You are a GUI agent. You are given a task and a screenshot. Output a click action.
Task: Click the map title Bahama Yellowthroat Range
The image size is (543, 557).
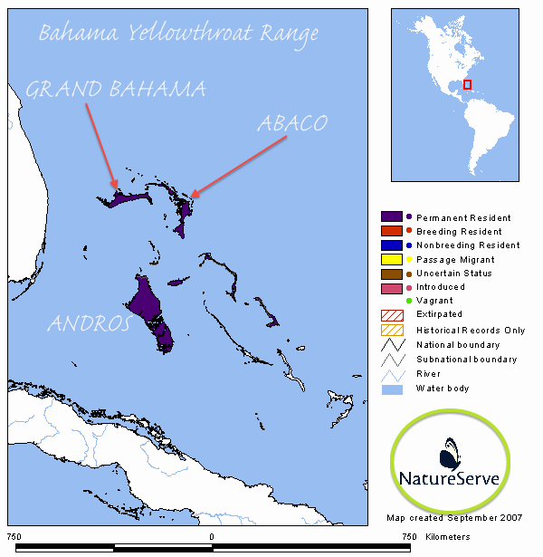point(179,35)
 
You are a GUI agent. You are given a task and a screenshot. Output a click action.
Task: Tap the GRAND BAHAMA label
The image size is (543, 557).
point(116,89)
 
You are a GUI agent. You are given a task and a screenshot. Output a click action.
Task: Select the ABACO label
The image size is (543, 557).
point(291,123)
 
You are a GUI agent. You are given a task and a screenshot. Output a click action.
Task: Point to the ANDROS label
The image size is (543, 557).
point(88,323)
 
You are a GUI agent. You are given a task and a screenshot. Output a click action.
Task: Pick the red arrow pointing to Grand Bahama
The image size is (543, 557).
point(100,145)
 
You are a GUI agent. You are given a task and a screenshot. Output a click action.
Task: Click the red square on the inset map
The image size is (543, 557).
point(468,84)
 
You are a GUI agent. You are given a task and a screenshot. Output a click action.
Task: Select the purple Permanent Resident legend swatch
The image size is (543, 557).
point(392,217)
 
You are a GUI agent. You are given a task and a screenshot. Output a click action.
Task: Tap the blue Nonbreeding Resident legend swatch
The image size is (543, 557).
point(392,245)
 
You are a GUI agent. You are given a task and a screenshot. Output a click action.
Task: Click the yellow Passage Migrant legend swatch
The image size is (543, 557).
point(392,260)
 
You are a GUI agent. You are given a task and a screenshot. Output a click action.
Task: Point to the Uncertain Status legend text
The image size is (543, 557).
point(453,274)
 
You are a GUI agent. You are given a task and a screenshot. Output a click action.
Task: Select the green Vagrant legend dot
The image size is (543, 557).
point(409,301)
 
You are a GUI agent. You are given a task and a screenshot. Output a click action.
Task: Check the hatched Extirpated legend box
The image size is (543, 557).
point(392,315)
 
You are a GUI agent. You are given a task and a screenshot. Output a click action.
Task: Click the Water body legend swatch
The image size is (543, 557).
point(392,389)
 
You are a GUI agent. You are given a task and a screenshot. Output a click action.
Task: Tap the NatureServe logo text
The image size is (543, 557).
point(450,477)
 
